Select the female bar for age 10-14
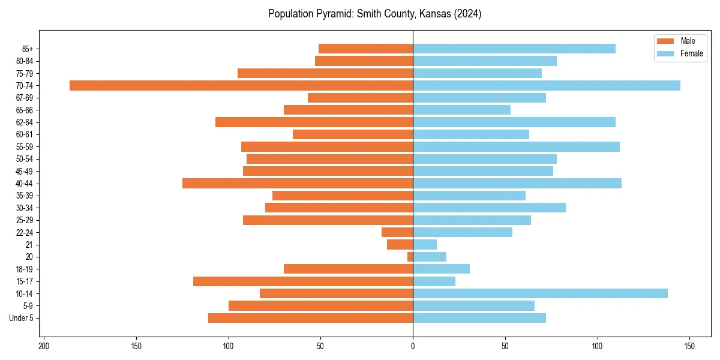[540, 293]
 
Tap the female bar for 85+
[514, 49]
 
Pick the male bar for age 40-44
[298, 184]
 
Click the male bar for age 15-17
[303, 281]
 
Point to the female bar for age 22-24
[463, 232]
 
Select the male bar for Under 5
[310, 318]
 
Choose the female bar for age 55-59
[516, 146]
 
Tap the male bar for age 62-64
[314, 122]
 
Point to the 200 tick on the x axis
[44, 346]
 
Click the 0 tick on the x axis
[413, 346]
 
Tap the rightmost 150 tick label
[689, 346]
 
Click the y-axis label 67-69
[25, 98]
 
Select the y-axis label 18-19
[25, 269]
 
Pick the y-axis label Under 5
[21, 318]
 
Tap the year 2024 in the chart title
[468, 14]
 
